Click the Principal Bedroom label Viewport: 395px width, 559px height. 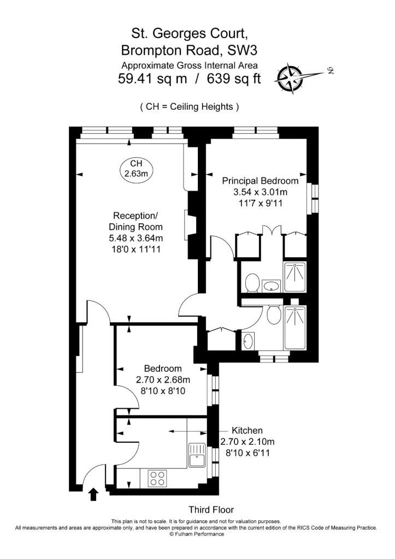[x=260, y=181]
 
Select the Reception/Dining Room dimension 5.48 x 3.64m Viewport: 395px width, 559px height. [x=135, y=238]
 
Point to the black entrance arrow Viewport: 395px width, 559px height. [x=93, y=495]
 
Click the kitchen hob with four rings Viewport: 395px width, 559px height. [x=157, y=478]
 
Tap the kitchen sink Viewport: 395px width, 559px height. [x=197, y=455]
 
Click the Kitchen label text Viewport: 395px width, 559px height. [x=247, y=430]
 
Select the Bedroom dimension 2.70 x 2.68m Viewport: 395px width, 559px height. [x=163, y=380]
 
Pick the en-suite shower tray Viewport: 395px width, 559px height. [x=294, y=277]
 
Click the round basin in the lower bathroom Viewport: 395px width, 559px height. [x=248, y=342]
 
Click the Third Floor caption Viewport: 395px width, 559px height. [x=211, y=509]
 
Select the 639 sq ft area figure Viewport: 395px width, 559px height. [x=234, y=78]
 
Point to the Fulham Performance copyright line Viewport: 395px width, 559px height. [x=197, y=534]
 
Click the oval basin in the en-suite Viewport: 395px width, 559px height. [x=272, y=286]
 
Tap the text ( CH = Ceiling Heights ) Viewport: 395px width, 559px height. [x=189, y=106]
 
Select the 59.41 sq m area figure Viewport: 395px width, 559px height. [x=152, y=78]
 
